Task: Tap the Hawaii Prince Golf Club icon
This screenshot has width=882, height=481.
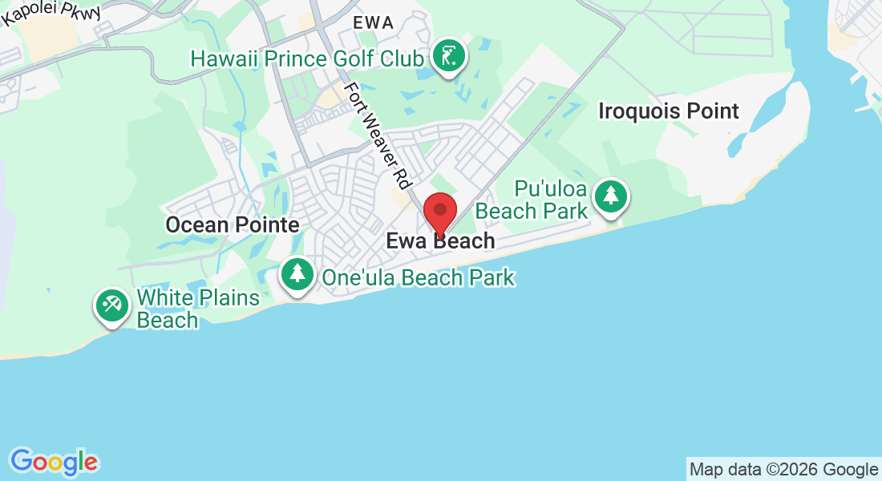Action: (449, 57)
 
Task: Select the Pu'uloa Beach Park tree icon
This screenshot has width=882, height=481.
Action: (611, 196)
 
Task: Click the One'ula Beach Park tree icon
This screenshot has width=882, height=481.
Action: (297, 275)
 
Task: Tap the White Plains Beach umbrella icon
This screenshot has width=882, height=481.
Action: (111, 305)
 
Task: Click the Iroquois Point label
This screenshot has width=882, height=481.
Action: (669, 111)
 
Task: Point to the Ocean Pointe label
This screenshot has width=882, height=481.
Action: (233, 225)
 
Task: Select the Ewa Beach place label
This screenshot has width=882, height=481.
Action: (440, 240)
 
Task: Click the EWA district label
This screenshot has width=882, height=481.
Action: (374, 23)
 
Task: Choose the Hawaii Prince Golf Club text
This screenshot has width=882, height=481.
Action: (307, 59)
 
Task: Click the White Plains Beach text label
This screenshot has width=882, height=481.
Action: (198, 309)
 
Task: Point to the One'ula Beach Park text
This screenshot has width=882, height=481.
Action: (418, 278)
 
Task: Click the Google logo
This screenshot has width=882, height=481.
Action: (55, 462)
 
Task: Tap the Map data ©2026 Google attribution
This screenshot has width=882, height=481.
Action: (783, 470)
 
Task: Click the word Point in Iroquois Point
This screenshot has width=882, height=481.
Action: (707, 111)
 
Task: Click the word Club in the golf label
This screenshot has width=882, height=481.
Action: (401, 59)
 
